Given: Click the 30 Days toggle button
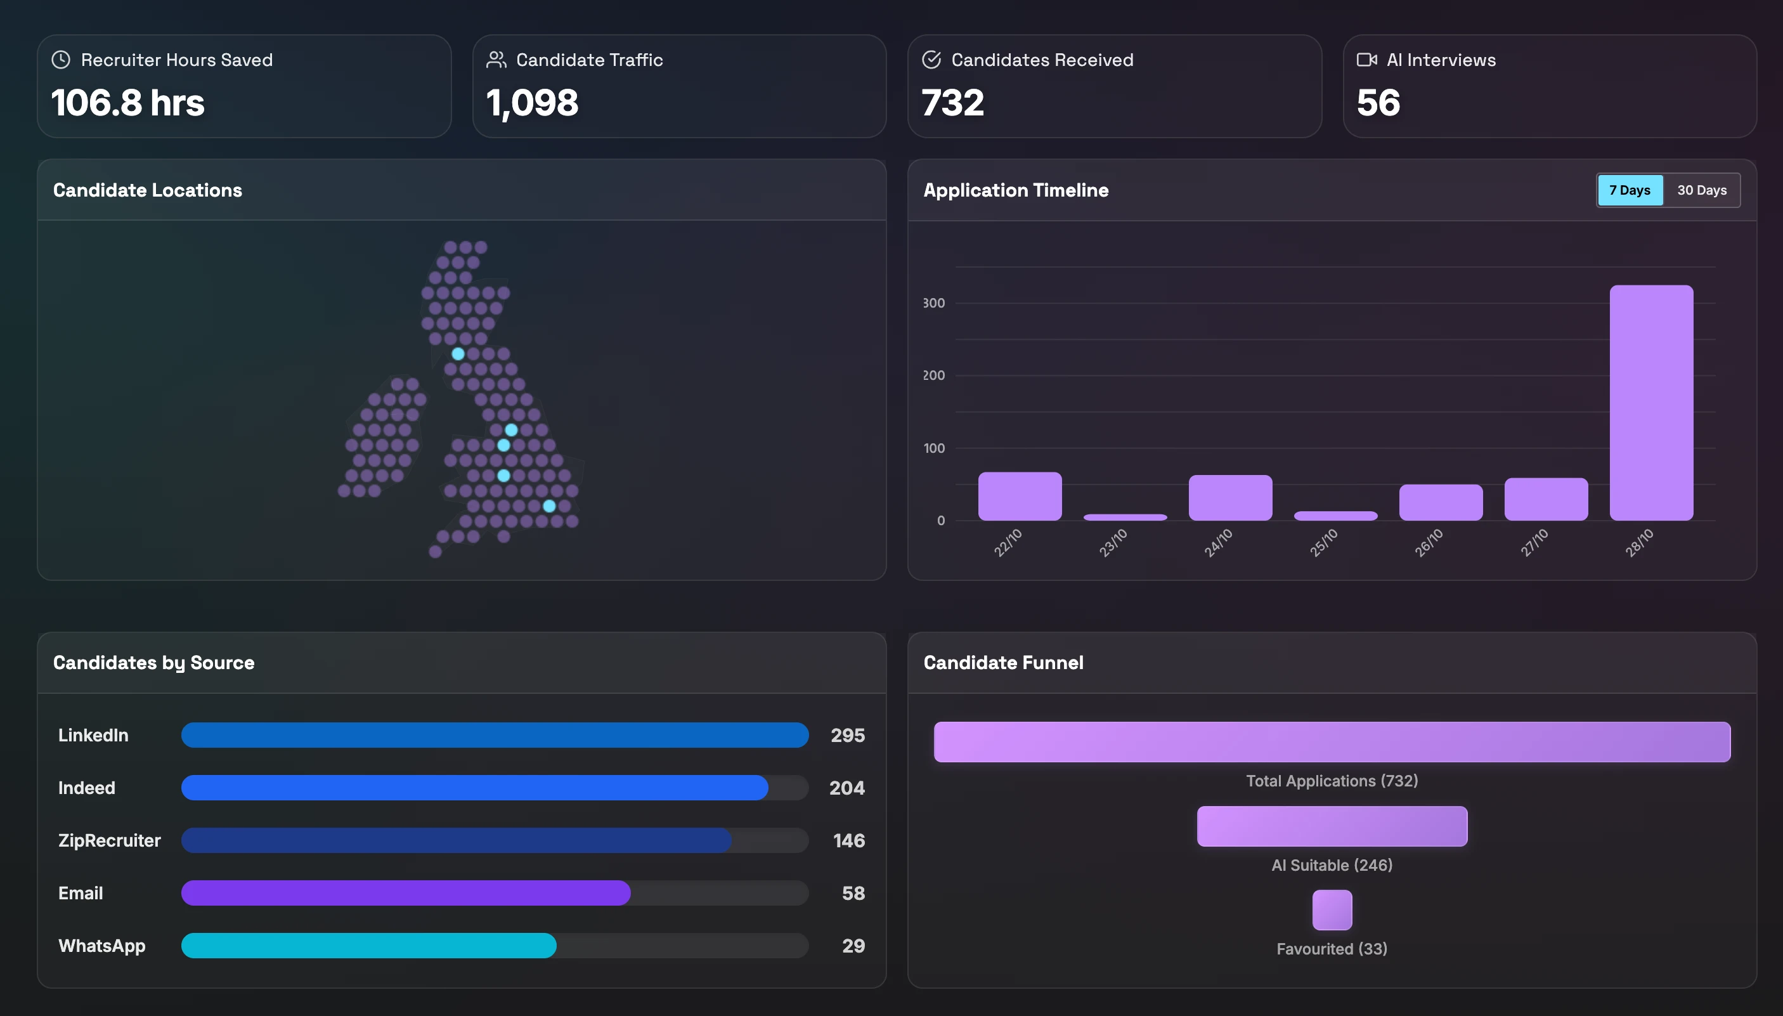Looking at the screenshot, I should (1701, 190).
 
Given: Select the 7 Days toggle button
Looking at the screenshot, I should (1630, 190).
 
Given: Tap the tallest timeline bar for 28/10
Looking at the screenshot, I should (1650, 403).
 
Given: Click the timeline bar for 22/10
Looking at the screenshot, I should (1019, 496).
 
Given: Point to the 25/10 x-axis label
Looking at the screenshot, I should (1323, 542).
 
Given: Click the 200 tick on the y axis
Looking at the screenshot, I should (933, 375).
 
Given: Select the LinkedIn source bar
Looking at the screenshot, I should (495, 735).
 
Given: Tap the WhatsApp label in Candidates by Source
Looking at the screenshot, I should (102, 946).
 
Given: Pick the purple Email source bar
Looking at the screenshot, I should (405, 893).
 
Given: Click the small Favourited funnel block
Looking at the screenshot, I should (1332, 910).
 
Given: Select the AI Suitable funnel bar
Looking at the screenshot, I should (1332, 826).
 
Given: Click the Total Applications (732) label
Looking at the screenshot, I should (1332, 781).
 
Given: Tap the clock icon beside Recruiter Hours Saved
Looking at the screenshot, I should (62, 60).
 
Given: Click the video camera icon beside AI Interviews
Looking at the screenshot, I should (1366, 60).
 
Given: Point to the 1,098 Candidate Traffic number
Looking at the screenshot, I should (532, 103).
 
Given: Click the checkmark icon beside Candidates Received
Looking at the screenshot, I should (931, 60).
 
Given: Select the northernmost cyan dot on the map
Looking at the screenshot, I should (458, 354).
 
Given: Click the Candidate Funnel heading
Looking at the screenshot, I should (1003, 662).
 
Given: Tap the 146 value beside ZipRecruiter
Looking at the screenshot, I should (848, 840).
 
